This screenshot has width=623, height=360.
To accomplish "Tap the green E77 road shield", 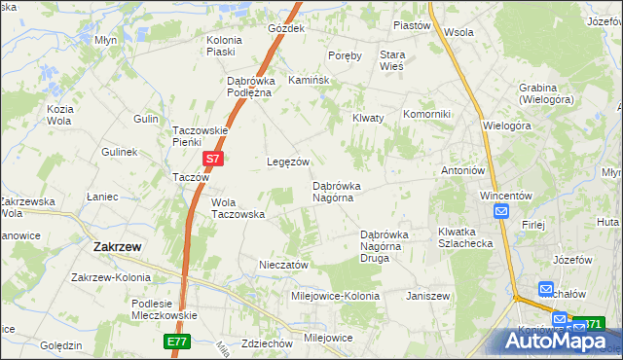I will (x=177, y=342).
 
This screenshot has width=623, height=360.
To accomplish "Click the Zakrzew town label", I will (x=117, y=247).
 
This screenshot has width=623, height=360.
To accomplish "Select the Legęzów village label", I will (x=288, y=162).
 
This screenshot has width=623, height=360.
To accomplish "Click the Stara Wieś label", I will (x=392, y=61).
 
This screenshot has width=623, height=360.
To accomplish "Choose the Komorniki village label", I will (x=426, y=114).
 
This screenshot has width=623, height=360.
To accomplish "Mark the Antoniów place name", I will (x=462, y=170).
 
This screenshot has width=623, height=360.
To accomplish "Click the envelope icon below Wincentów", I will (x=501, y=212).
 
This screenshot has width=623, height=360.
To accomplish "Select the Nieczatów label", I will (x=283, y=265).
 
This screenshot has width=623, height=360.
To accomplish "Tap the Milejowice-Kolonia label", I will (x=336, y=295).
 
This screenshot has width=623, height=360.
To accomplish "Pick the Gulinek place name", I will (x=120, y=153).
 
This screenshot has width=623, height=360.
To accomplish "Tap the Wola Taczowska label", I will (x=238, y=208).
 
